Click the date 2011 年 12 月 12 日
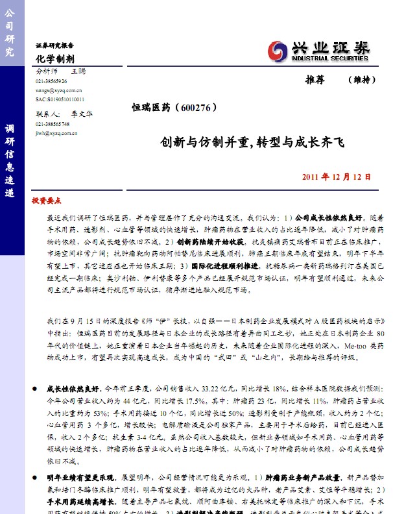tap(337, 177)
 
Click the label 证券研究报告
tap(54, 46)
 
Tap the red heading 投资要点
tap(46, 201)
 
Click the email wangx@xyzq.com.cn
tap(58, 91)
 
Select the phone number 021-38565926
tap(51, 81)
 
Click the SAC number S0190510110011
tap(60, 99)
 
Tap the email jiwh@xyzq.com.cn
tap(56, 132)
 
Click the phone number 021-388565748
tap(53, 123)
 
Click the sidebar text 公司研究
tap(10, 32)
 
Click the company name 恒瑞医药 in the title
tap(151, 108)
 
